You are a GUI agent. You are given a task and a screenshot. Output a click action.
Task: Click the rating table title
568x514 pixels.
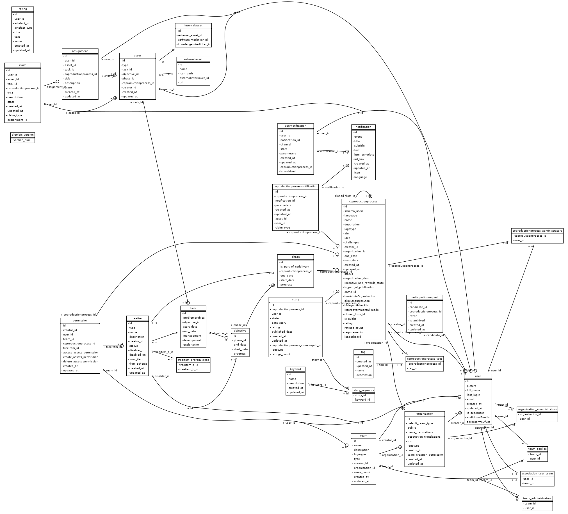pos(23,9)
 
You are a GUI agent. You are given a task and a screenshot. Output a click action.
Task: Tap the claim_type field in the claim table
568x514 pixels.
pos(15,115)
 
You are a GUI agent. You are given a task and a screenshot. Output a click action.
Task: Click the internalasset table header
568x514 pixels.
pos(193,26)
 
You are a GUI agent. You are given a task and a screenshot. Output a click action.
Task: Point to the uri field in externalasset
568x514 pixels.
pos(181,83)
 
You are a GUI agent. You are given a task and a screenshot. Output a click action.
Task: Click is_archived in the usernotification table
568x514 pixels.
pos(288,172)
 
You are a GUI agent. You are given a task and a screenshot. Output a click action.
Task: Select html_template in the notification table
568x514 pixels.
pos(364,155)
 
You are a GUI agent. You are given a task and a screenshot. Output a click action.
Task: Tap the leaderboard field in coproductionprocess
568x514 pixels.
pos(352,337)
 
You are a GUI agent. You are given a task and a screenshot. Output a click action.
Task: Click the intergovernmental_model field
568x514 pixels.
pos(362,310)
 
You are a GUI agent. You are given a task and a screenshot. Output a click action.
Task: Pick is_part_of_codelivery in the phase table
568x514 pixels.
pos(295,267)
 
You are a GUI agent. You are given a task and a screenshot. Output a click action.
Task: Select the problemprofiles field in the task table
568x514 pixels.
pos(194,318)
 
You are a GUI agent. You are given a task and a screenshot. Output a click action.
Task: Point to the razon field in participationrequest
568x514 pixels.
pos(413,316)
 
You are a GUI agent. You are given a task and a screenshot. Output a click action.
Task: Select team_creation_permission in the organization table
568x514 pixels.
pos(425,454)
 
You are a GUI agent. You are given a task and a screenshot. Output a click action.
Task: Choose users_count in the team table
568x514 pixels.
pos(362,472)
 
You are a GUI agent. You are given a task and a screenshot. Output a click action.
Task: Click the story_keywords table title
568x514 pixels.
pos(363,390)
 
